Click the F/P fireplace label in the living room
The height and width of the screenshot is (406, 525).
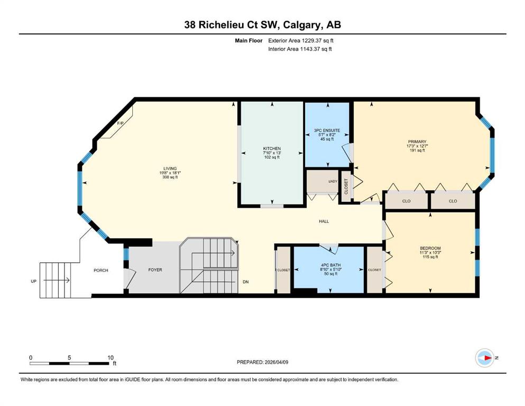click(x=120, y=123)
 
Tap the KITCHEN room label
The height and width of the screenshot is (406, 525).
click(x=272, y=149)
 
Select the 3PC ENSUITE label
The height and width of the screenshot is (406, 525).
click(x=327, y=131)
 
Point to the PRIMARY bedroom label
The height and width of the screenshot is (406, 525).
click(x=417, y=142)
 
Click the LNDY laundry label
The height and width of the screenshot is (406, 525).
click(x=333, y=181)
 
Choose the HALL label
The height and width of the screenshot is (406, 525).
click(x=324, y=222)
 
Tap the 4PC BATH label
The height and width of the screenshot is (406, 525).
click(x=331, y=265)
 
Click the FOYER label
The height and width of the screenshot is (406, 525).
click(x=155, y=270)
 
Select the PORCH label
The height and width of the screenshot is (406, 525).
click(x=101, y=271)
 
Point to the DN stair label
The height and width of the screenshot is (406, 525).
click(x=246, y=282)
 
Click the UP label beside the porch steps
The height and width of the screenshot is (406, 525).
click(x=33, y=281)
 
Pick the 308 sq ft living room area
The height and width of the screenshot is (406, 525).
click(x=170, y=177)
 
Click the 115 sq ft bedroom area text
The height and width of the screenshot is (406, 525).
click(x=430, y=257)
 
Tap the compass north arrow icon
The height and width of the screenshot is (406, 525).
click(x=484, y=358)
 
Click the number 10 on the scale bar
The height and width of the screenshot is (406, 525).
click(x=110, y=357)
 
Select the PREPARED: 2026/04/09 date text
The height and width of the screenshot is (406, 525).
click(x=262, y=362)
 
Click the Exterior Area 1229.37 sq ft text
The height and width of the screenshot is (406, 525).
click(x=301, y=41)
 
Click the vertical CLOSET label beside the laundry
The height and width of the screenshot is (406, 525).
click(x=346, y=187)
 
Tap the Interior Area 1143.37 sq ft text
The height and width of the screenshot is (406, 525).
click(x=300, y=49)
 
